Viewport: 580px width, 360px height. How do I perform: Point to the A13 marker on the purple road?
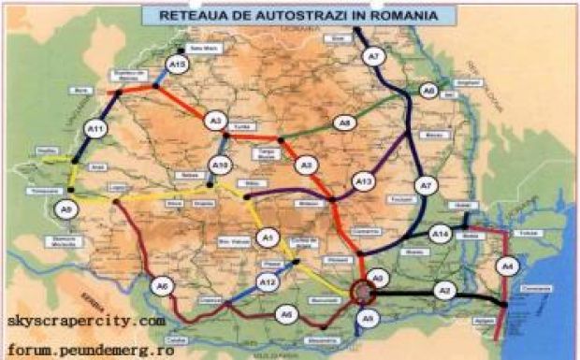click(363, 180)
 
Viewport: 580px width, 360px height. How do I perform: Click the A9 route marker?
click(66, 209)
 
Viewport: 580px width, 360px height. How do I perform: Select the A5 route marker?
click(370, 319)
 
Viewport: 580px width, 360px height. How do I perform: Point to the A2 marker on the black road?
click(446, 292)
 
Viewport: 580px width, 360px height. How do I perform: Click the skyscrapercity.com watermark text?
click(86, 321)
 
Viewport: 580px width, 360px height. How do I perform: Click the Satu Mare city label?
click(202, 49)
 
